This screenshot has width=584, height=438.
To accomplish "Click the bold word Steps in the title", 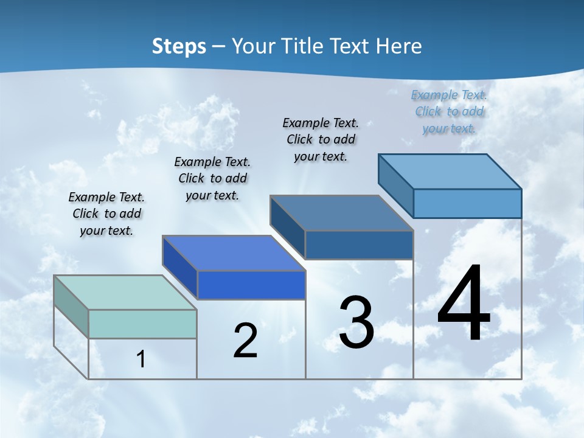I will click(179, 46).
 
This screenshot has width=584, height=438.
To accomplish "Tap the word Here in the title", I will click(399, 46).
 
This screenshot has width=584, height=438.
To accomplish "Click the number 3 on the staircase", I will click(356, 322).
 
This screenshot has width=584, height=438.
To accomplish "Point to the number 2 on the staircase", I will click(245, 341).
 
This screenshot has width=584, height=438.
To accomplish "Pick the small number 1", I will click(141, 359).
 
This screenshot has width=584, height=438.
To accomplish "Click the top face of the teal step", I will click(125, 293).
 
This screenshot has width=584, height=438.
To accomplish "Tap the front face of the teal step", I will click(142, 324).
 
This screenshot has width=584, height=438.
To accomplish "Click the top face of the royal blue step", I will click(234, 253).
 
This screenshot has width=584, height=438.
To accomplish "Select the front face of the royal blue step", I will click(251, 285).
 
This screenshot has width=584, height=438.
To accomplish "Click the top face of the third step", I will click(342, 213).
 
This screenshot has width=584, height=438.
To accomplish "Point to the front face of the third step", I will click(359, 245).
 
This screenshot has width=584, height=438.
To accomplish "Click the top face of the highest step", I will click(450, 172).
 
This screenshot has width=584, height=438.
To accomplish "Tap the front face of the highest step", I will click(467, 203).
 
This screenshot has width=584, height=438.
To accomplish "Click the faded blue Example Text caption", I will click(449, 111).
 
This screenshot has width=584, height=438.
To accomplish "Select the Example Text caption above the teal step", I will click(106, 214).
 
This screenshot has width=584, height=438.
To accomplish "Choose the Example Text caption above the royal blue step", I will click(212, 178).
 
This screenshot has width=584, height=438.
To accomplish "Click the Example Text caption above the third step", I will click(321, 139).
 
